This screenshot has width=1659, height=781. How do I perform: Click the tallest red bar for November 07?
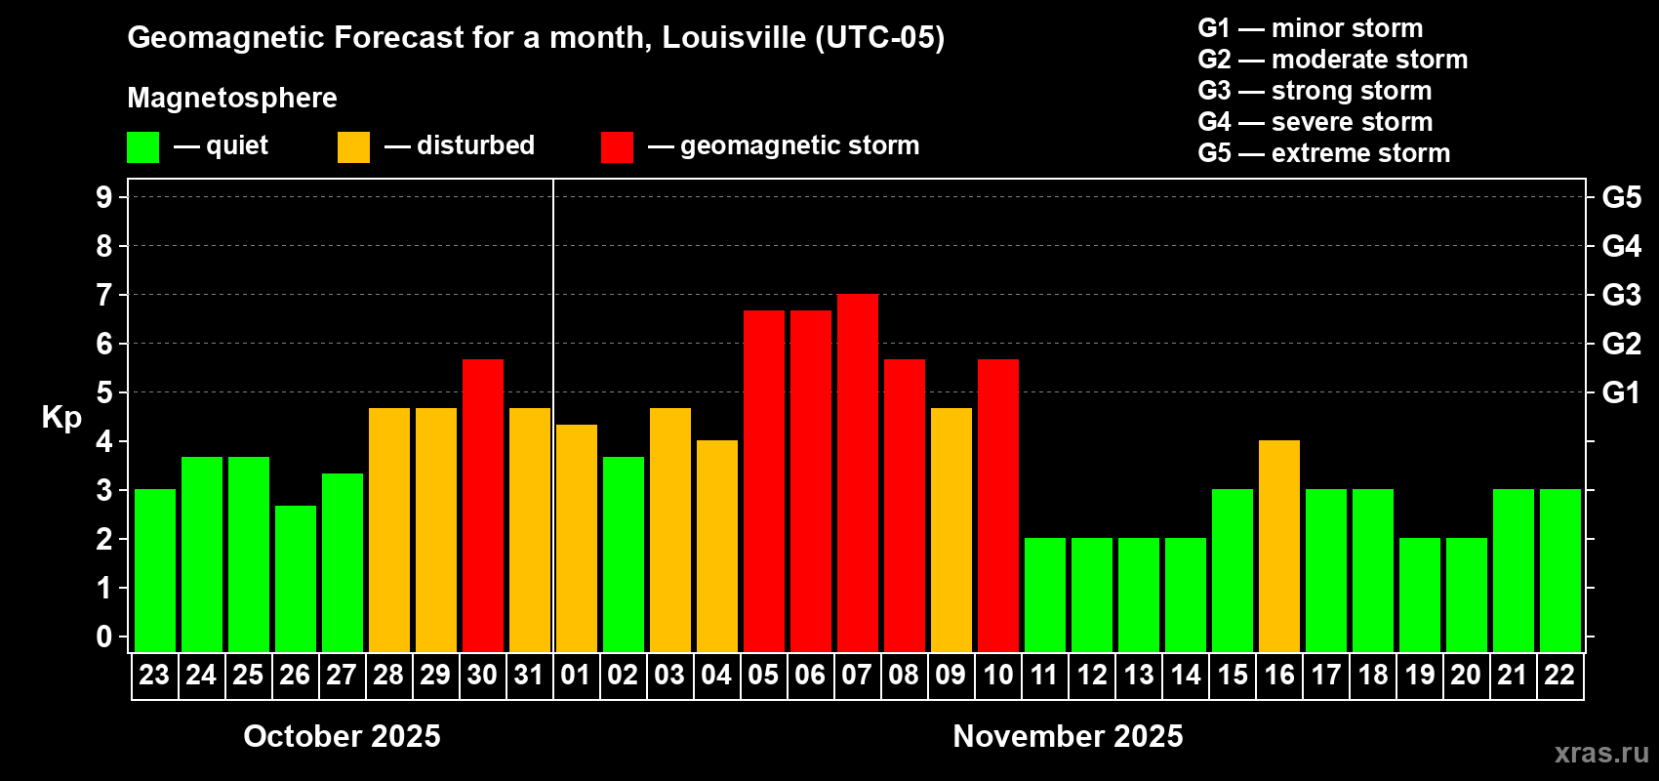[x=857, y=473]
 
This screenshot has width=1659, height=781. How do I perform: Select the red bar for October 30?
[x=482, y=506]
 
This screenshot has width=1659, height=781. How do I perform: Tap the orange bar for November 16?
[x=1278, y=547]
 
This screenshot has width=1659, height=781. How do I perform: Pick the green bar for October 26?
[x=295, y=579]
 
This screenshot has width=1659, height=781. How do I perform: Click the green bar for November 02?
[x=623, y=555]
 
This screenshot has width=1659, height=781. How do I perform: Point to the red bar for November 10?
[x=997, y=506]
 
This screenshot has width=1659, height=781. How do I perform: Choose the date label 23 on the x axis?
[x=154, y=675]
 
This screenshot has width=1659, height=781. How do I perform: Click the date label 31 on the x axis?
[x=529, y=675]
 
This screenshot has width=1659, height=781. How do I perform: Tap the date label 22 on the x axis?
[x=1559, y=675]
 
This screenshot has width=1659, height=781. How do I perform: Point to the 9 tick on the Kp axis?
[x=104, y=197]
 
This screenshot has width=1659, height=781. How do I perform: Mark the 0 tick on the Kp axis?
[x=104, y=637]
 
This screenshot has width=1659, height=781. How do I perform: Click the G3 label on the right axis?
[x=1621, y=295]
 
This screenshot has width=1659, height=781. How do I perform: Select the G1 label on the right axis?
[x=1621, y=392]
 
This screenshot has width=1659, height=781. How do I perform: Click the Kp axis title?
[x=61, y=417]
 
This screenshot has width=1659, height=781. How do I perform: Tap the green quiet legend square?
[x=142, y=147]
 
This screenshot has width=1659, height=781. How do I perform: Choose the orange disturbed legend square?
[x=353, y=147]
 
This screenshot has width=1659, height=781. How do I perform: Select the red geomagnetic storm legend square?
[x=617, y=147]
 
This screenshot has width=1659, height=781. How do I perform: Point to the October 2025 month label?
[x=342, y=736]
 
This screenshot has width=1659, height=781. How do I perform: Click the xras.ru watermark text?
[x=1601, y=753]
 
